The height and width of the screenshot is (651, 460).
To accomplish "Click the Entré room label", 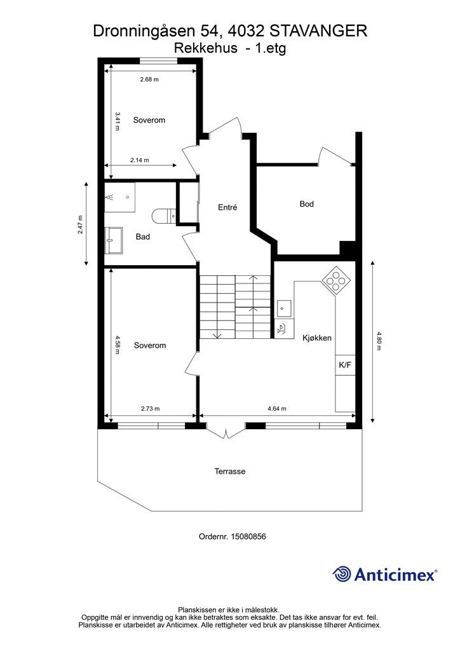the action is point(227,207).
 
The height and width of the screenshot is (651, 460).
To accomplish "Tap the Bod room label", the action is point(306,204).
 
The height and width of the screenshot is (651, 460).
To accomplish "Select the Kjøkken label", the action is point(317,338).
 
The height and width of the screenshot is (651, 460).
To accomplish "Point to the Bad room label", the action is point(143,236).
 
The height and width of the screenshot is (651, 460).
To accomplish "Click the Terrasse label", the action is point(230,471).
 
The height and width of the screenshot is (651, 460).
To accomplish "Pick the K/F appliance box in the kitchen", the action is point(345,366).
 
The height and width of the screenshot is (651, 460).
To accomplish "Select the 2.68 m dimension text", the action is point(149,79).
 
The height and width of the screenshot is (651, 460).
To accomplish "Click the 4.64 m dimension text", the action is point(276,409).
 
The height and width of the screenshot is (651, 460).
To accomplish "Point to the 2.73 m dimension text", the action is point(150,409).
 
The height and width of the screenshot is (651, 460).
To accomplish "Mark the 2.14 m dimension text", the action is point(139,160).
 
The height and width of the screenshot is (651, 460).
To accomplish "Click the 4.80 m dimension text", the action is point(378,341).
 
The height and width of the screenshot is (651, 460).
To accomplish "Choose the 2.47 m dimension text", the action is point(80,224).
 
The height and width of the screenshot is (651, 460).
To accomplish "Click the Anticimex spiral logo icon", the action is point(342,574).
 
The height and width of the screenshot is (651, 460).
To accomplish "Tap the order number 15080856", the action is point(247,537).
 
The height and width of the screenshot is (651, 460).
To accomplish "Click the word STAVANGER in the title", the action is point(318,31).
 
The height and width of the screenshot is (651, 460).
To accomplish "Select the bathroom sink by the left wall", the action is point(113,240).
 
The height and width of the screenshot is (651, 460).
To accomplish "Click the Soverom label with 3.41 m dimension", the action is point(149,120).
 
